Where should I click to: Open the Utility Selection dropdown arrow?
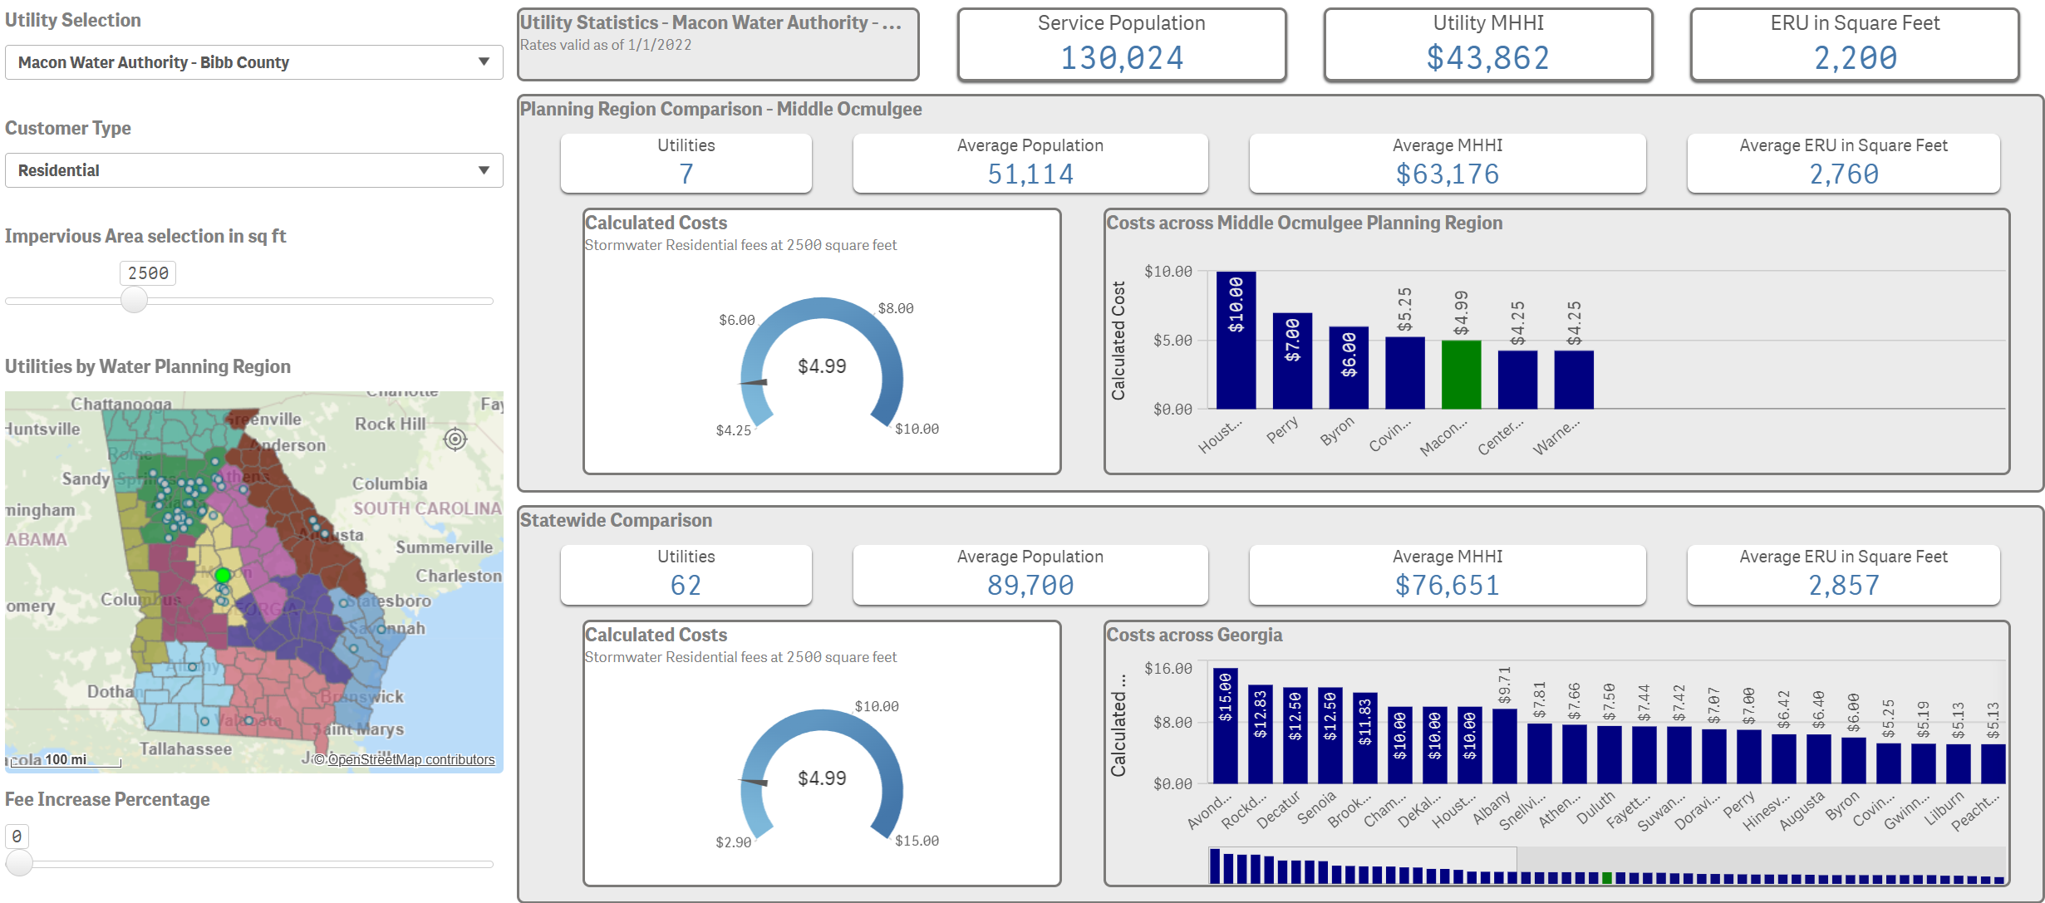pos(484,62)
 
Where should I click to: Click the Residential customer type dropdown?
pos(253,170)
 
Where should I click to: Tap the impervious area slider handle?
pos(134,300)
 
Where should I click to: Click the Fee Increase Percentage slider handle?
pos(19,863)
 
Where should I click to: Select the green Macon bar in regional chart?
pos(1461,374)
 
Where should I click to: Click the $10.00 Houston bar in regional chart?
pos(1236,341)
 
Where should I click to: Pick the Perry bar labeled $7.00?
pos(1292,361)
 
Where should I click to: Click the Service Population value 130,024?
pos(1121,58)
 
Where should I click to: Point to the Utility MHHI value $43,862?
pos(1487,58)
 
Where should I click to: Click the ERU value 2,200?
pos(1855,58)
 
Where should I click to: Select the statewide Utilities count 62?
pos(686,586)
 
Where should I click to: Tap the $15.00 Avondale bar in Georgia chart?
pos(1225,725)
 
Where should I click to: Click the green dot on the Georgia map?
pos(222,575)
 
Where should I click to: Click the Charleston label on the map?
pos(459,576)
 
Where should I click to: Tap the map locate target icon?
pos(455,439)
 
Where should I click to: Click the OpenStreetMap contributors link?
pos(410,759)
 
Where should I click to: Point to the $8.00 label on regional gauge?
pos(895,308)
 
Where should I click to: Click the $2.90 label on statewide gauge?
pos(733,842)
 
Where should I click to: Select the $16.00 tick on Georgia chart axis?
pos(1168,669)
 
